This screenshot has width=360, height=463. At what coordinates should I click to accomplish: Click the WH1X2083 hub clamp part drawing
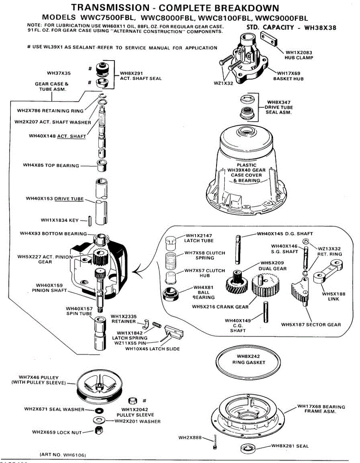(x=272, y=39)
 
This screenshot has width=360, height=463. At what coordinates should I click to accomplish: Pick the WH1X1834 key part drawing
(x=89, y=220)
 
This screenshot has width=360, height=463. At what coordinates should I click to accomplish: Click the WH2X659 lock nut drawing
(x=98, y=431)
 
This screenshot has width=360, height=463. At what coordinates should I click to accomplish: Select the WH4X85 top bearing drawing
(x=103, y=166)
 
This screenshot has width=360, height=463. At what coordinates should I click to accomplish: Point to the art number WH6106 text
(x=63, y=455)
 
